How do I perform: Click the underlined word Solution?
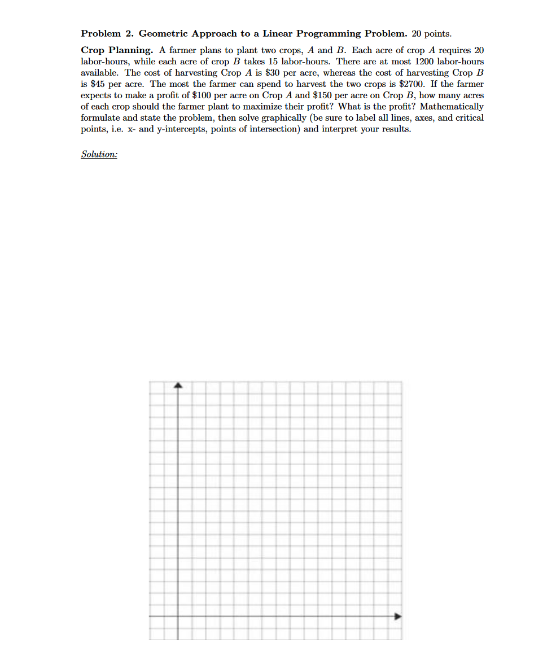[x=99, y=154]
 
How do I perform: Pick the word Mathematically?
[x=452, y=107]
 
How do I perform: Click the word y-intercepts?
[x=184, y=129]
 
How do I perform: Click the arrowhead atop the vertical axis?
[x=178, y=386]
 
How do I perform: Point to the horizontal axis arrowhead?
[x=398, y=616]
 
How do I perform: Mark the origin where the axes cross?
[x=178, y=616]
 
